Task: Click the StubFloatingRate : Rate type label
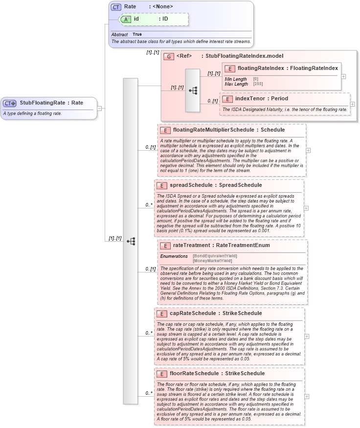coord(51,103)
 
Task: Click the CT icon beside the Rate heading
coord(116,7)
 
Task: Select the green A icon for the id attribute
coord(126,19)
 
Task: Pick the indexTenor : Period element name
coord(262,98)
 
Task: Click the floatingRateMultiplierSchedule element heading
coord(229,130)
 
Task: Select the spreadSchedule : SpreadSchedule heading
coord(215,185)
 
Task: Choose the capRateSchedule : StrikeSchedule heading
coord(215,313)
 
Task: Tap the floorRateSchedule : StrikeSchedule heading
coord(219,373)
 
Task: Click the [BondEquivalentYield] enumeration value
coord(215,256)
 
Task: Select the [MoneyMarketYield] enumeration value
coord(212,261)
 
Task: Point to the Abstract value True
coord(137,35)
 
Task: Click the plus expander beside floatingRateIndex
coord(343,76)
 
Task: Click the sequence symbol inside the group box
coord(192,90)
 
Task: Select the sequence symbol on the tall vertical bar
coord(131,241)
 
